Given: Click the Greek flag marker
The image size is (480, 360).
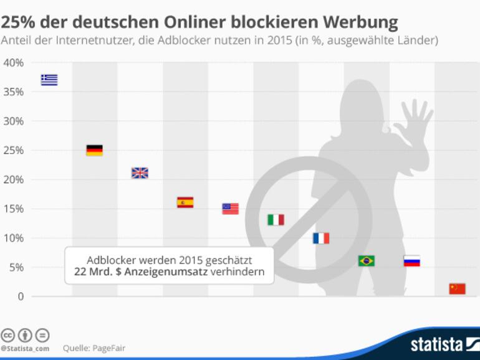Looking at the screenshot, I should coord(49,80).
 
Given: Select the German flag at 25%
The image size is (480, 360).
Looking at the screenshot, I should coord(94,150).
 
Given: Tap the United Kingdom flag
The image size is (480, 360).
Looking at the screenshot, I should coord(140,173).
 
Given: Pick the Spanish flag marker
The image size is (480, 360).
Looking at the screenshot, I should coord(185,202).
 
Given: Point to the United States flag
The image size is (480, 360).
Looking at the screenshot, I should coord(230,209).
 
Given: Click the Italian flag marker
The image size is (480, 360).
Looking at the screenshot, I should coord(276,219).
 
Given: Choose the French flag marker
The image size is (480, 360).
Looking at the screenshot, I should coord(320,238).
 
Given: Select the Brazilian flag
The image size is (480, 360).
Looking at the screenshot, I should coord(366,261).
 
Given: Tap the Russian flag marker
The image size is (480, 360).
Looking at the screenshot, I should coord(411,261).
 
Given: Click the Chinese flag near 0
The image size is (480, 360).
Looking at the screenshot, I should coord(457,288).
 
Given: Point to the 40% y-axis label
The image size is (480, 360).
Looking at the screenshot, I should coord(13,63).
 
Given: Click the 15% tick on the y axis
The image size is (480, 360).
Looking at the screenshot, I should coord(13,209).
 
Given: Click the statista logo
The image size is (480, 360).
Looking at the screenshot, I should coord(436,343).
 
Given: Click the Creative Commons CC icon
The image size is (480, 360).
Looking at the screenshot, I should coord(8,334).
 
